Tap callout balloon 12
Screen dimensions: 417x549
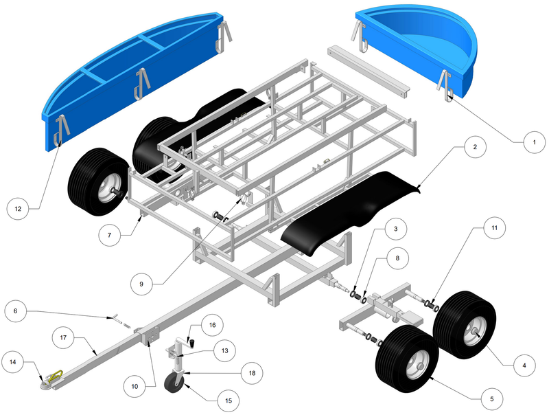click(x=19, y=206)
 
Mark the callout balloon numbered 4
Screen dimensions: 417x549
click(x=523, y=365)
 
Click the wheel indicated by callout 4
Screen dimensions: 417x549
click(x=465, y=324)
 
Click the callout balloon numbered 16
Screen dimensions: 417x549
click(x=212, y=324)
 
